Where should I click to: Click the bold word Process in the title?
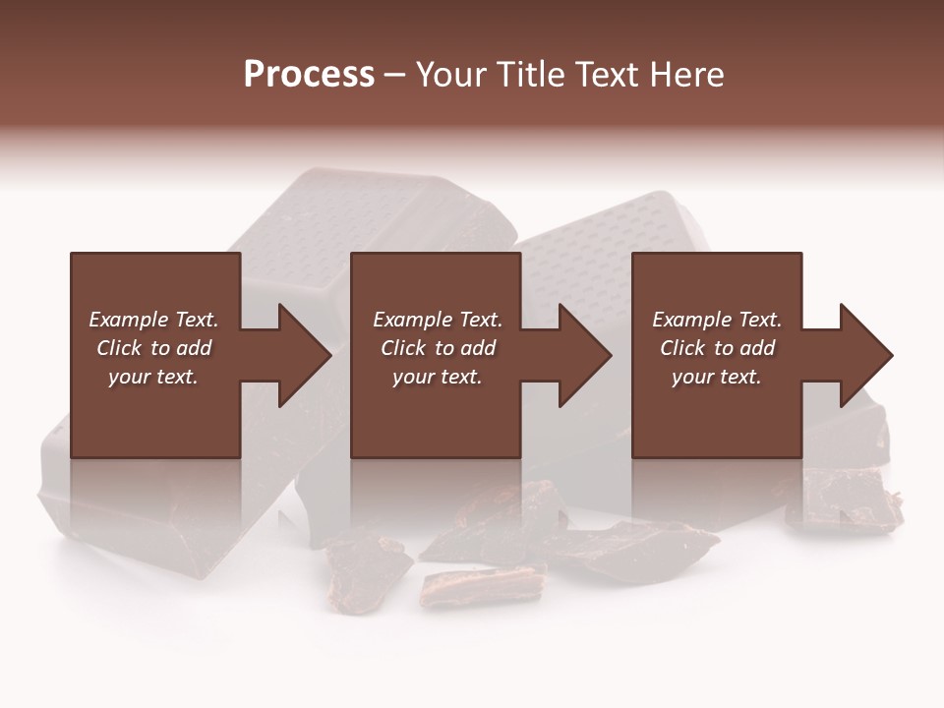[309, 75]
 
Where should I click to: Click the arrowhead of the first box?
[304, 355]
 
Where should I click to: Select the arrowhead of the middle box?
[584, 355]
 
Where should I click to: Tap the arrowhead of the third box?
[865, 355]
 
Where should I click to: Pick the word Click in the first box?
[120, 348]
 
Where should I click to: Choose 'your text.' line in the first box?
[153, 377]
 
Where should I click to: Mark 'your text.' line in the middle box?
[437, 377]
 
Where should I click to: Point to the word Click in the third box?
[683, 348]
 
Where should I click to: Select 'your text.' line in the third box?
[717, 377]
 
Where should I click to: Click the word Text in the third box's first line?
[759, 320]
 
